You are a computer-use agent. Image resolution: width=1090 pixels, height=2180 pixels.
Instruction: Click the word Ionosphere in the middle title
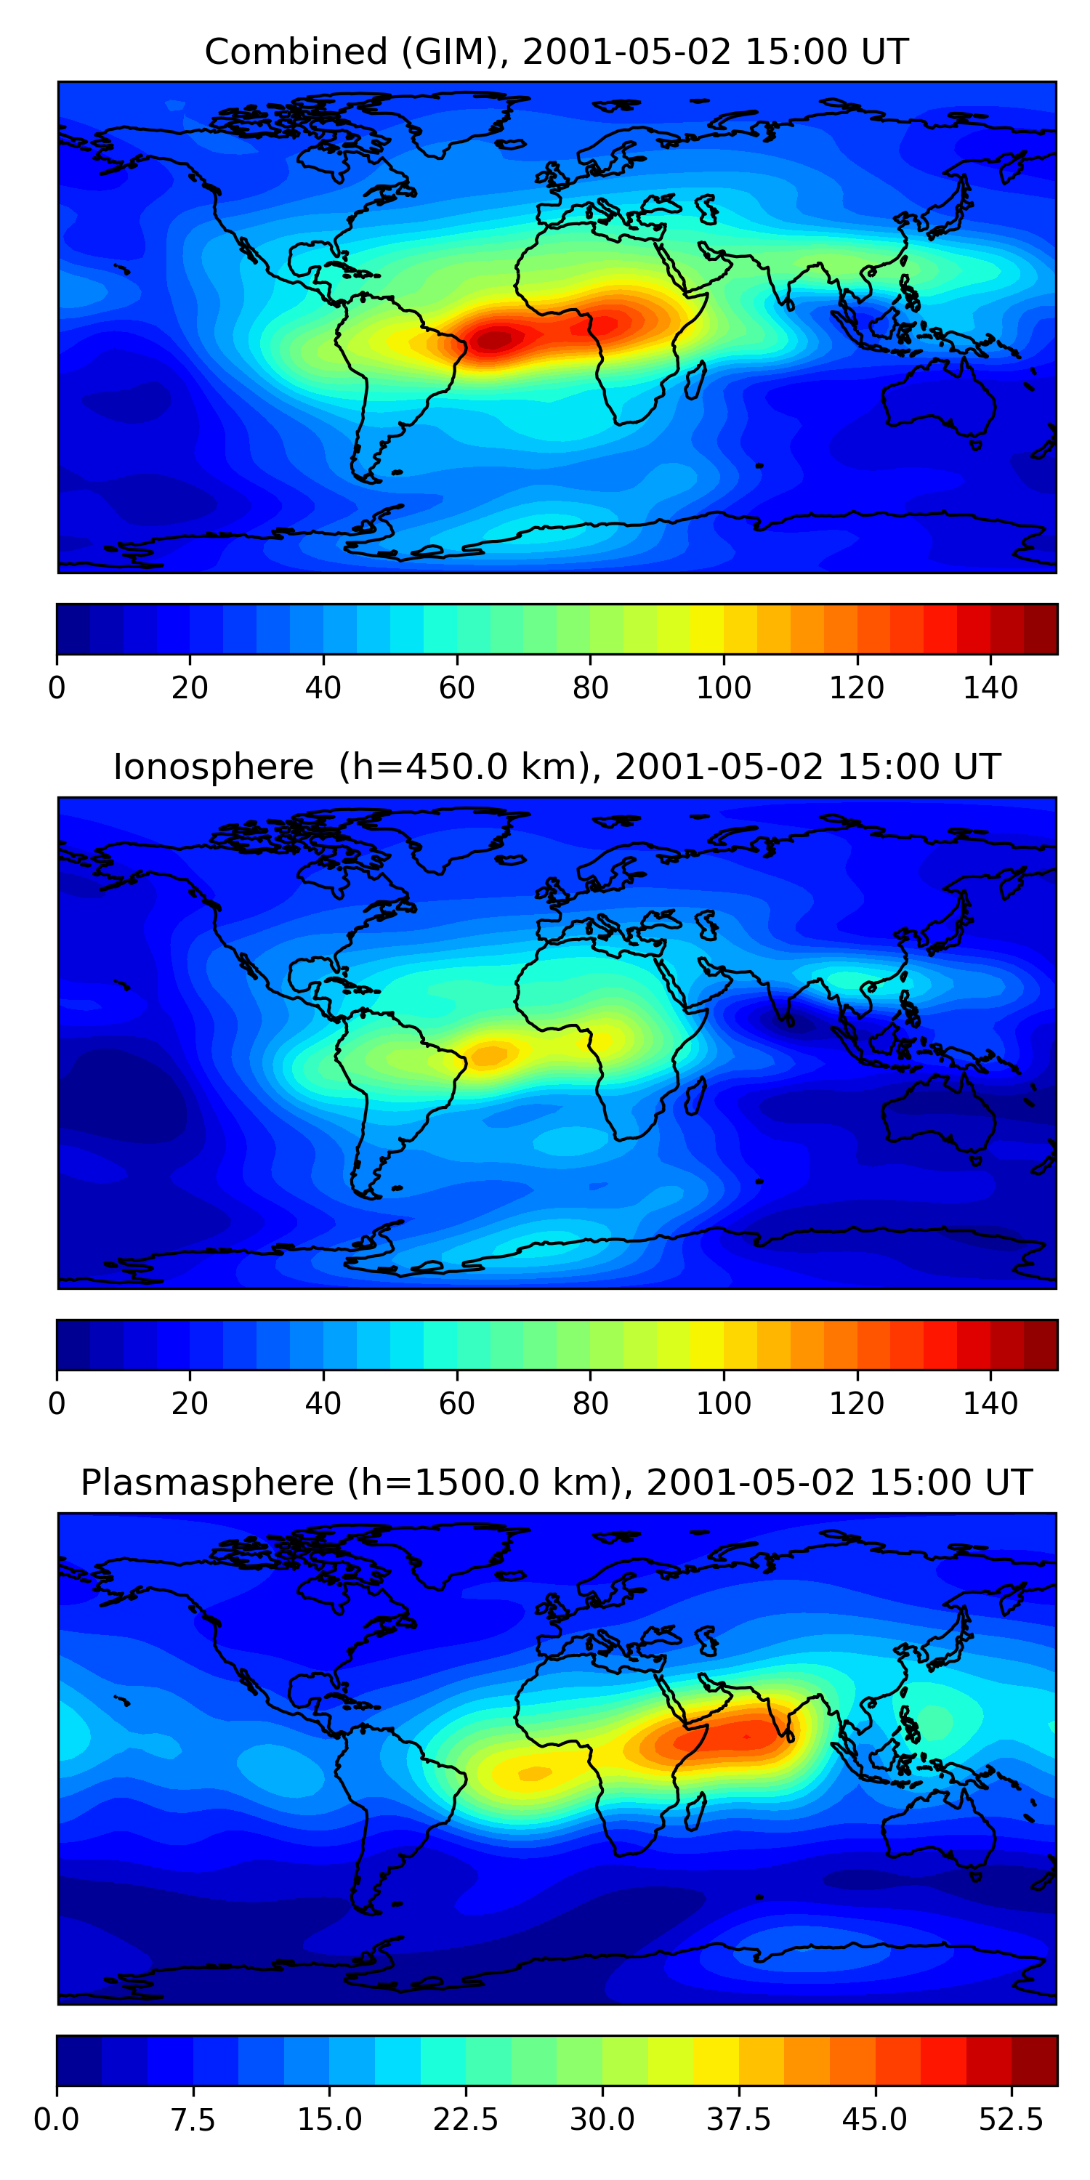click(x=213, y=767)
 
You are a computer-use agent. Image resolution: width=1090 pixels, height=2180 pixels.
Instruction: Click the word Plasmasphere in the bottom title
click(x=207, y=1482)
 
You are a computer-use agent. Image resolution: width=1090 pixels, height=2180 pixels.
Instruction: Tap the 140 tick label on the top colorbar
click(x=990, y=688)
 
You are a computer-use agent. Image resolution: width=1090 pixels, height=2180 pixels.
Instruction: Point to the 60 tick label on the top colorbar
click(x=457, y=688)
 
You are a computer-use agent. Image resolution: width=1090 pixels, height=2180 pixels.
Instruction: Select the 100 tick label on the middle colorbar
click(x=724, y=1404)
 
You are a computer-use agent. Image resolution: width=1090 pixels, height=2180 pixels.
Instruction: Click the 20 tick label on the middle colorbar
click(x=190, y=1404)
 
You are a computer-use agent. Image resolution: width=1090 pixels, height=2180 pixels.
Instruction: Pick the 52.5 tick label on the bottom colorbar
click(x=1012, y=2120)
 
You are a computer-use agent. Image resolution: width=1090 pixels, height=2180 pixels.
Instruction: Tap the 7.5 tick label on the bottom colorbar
click(x=193, y=2120)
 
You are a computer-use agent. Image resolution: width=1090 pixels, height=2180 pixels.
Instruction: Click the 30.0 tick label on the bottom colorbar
click(x=602, y=2120)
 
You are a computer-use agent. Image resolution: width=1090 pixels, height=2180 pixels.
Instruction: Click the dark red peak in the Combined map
click(x=495, y=339)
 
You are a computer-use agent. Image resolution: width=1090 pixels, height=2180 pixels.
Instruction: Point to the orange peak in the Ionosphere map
click(x=489, y=1054)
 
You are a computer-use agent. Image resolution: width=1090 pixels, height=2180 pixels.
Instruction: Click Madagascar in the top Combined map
click(x=695, y=381)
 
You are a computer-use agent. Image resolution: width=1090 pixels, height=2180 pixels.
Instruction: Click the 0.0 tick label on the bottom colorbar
click(x=57, y=2120)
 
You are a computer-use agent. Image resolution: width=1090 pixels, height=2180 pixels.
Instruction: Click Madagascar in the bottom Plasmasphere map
click(x=695, y=1811)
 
